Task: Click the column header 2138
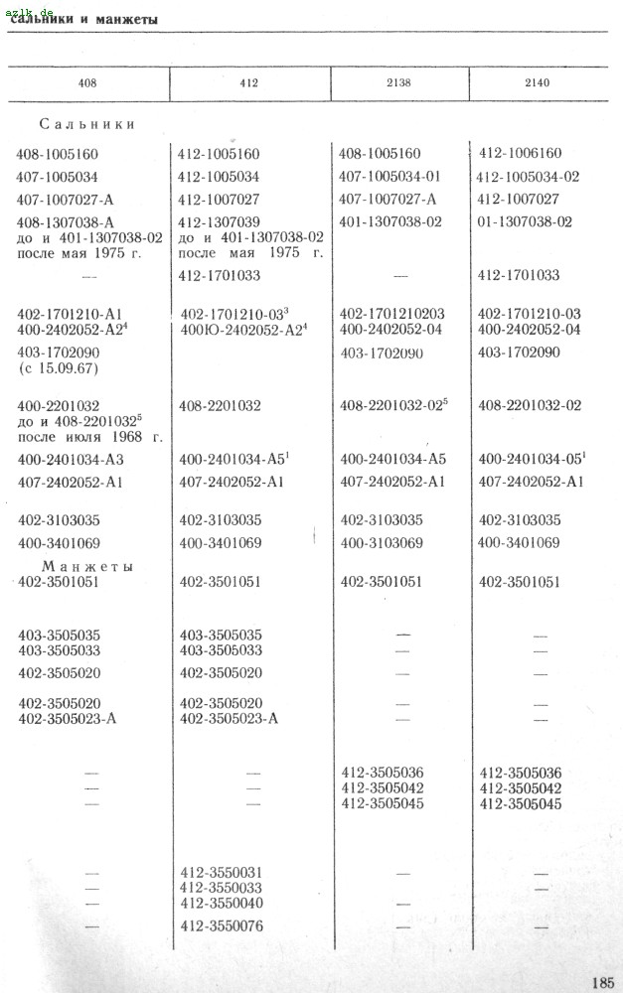(399, 83)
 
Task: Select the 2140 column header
(537, 83)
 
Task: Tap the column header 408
(87, 83)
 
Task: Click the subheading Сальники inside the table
(87, 125)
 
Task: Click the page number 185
(602, 982)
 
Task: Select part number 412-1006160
(520, 154)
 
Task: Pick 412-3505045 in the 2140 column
(521, 803)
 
